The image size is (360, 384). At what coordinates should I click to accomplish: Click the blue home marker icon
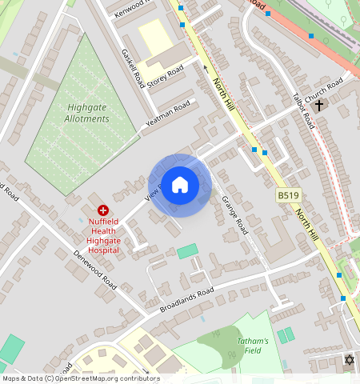pyautogui.click(x=180, y=185)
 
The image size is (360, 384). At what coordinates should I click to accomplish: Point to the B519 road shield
pyautogui.click(x=288, y=195)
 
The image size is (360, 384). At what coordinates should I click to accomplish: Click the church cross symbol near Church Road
pyautogui.click(x=319, y=105)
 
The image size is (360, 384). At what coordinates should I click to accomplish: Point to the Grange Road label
pyautogui.click(x=234, y=215)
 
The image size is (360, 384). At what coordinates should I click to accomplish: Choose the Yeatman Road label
pyautogui.click(x=168, y=116)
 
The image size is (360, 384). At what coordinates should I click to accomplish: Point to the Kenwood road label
pyautogui.click(x=133, y=9)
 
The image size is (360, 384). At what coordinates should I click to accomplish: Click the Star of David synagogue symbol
pyautogui.click(x=348, y=360)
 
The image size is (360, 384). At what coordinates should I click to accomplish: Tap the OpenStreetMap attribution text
pyautogui.click(x=80, y=378)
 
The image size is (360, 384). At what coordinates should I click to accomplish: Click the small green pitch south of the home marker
pyautogui.click(x=186, y=251)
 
